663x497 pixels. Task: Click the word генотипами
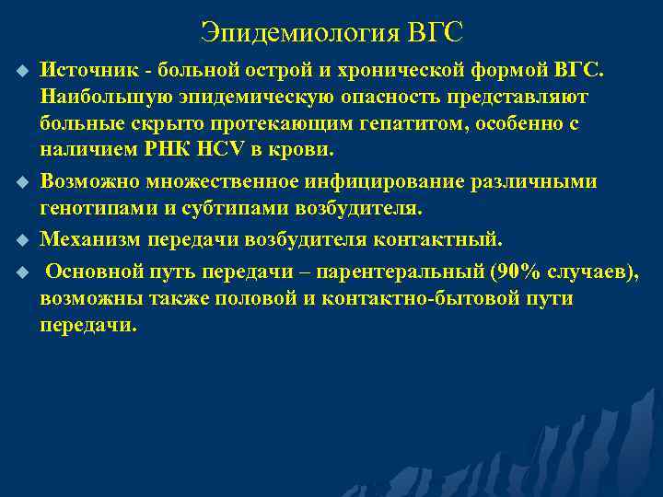pyautogui.click(x=99, y=208)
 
